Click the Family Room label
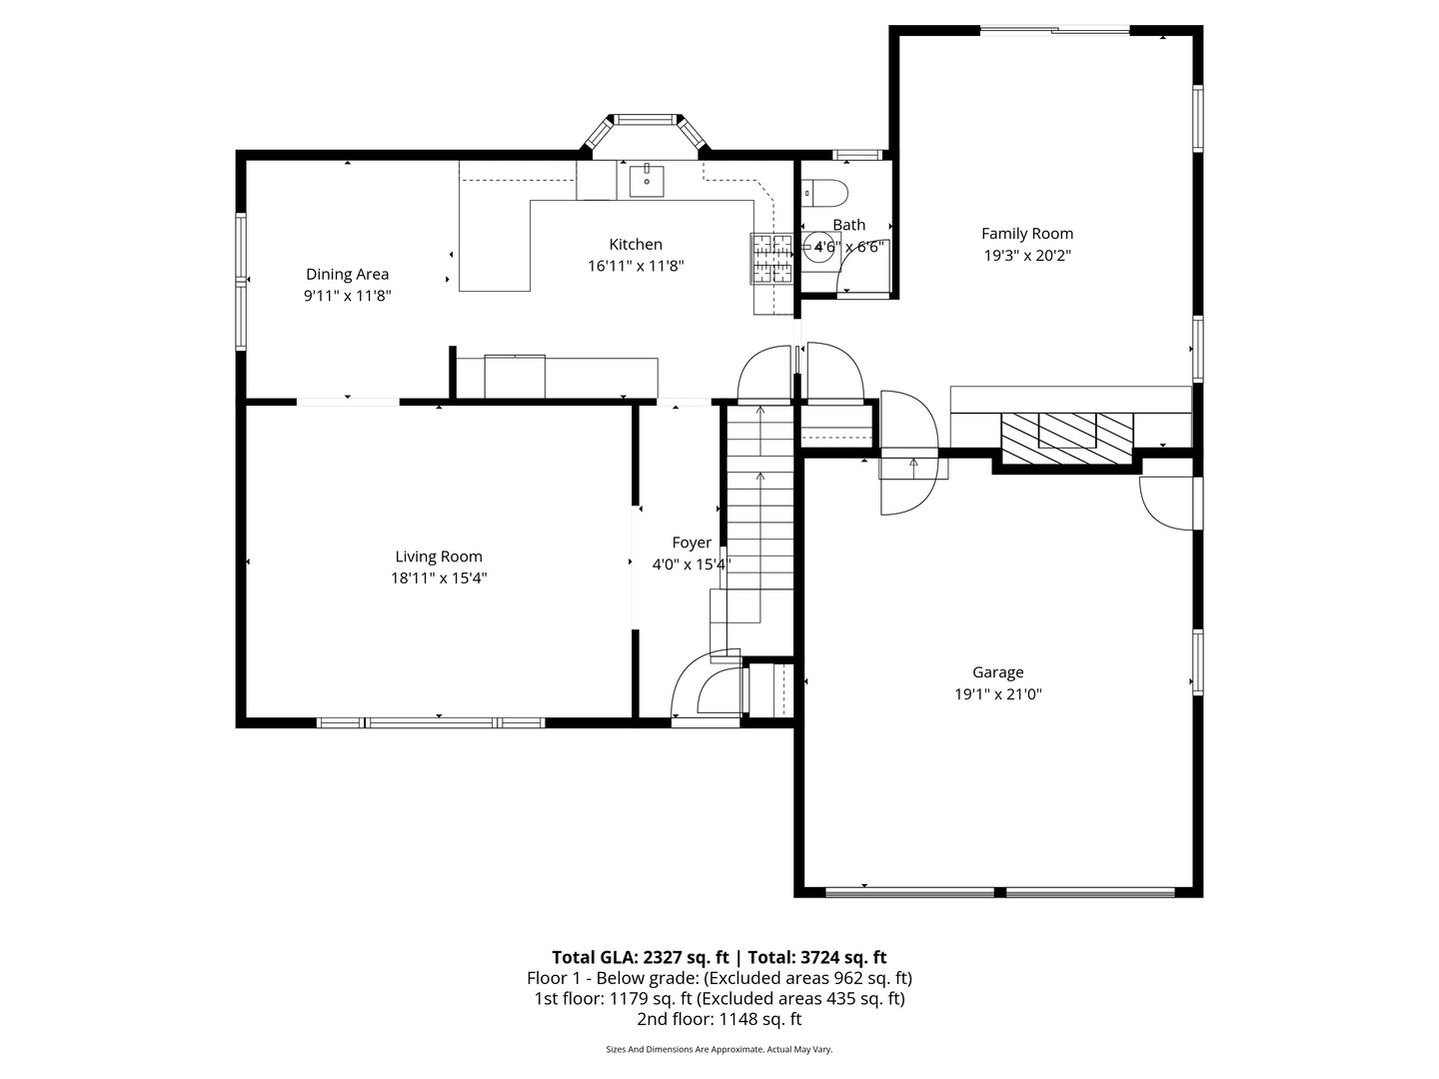(x=1026, y=234)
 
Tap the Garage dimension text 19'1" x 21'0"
(x=997, y=694)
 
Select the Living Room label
(x=438, y=557)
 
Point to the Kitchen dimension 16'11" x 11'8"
(x=636, y=266)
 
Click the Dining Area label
(x=347, y=275)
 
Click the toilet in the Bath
(x=823, y=190)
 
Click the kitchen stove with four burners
(x=771, y=259)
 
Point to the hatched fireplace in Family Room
(x=1067, y=438)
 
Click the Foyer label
(x=692, y=542)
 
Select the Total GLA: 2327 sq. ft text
(x=641, y=957)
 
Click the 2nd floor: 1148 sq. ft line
(x=719, y=1019)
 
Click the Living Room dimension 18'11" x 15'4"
(x=438, y=578)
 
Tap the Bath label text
(x=848, y=225)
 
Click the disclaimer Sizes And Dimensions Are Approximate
(x=719, y=1049)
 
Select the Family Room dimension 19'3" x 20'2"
(x=1026, y=256)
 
